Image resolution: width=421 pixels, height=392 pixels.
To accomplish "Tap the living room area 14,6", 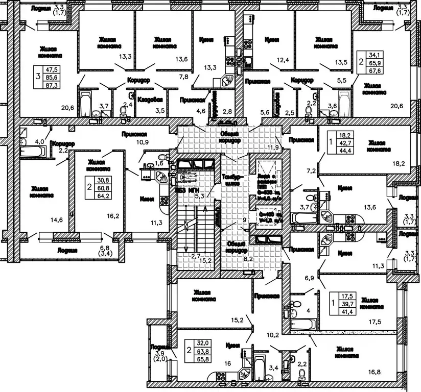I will tap(56, 220).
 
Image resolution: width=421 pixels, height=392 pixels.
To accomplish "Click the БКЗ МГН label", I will tap(186, 190).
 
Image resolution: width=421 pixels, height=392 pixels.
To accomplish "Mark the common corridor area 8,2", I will tap(249, 259).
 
